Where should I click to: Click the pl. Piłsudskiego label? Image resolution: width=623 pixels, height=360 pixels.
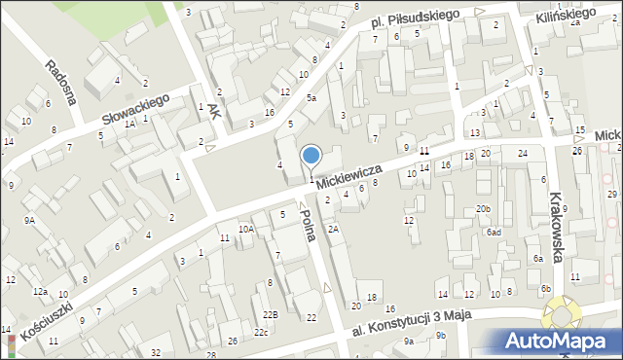[x=414, y=20]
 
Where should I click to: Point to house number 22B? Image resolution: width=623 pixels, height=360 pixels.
[x=271, y=313]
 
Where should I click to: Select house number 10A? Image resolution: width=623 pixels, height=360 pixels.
[x=246, y=229]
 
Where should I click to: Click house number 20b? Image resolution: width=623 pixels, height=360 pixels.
[x=483, y=209]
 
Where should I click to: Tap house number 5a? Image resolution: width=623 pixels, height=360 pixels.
[x=311, y=98]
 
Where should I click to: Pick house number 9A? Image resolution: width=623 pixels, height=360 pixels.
[x=29, y=220]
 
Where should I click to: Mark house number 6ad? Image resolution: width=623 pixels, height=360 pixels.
[x=494, y=233]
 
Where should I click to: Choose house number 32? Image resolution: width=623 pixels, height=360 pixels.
[x=157, y=351]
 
